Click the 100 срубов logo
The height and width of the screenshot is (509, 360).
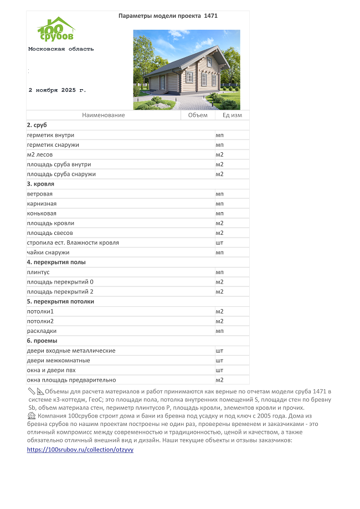55,29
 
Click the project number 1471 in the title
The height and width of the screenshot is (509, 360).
211,16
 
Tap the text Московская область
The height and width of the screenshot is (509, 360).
61,49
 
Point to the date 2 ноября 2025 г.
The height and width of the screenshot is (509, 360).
57,90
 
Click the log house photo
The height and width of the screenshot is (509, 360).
187,69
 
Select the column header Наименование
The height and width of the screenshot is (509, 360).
104,115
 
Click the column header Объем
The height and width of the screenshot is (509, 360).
198,115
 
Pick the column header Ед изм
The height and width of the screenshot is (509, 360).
232,115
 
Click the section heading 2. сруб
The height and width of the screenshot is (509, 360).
38,125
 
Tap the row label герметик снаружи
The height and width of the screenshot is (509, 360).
53,145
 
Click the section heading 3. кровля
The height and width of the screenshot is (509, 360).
40,183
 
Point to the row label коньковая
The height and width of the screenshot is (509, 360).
42,213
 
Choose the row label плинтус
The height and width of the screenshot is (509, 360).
38,272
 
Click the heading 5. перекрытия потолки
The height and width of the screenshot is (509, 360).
60,301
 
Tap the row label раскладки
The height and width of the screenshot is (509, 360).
42,331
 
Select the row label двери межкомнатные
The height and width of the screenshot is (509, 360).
58,361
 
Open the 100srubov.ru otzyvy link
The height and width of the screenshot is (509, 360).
80,450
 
